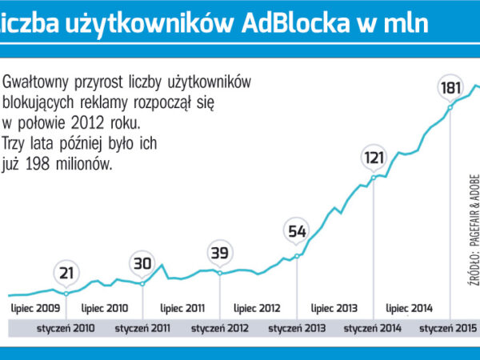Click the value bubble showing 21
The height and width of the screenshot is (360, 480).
click(x=66, y=274)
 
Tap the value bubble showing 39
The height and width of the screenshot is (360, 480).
click(x=218, y=254)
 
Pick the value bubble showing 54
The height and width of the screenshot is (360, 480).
click(x=297, y=233)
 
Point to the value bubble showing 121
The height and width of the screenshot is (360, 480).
click(x=374, y=156)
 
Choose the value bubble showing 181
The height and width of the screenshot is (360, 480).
click(x=452, y=87)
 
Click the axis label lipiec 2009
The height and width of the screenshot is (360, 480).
click(x=34, y=307)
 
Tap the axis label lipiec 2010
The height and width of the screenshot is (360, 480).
click(x=105, y=307)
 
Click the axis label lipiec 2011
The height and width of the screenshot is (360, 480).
click(x=182, y=307)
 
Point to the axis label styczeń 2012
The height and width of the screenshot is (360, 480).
click(x=221, y=327)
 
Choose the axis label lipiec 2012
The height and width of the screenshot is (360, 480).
click(x=258, y=307)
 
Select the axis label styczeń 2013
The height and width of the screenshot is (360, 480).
click(x=298, y=327)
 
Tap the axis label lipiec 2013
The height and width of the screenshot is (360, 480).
click(x=334, y=307)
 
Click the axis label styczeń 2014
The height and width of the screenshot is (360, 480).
click(x=374, y=327)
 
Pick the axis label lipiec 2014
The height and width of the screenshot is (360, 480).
click(x=410, y=307)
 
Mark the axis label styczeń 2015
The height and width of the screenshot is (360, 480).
click(x=449, y=327)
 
